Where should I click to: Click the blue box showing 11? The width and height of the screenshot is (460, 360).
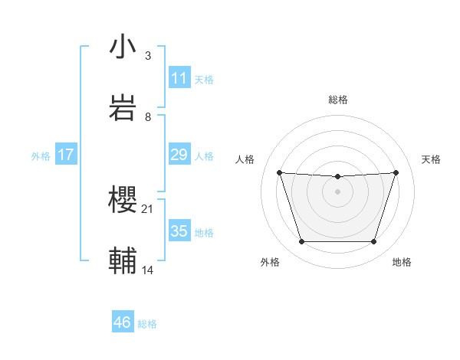pos(179,78)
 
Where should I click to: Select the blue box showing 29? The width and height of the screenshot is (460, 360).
pos(179,155)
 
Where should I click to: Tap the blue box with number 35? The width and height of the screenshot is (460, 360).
pos(179,231)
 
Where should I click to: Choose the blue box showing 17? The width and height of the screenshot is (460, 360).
pos(66,155)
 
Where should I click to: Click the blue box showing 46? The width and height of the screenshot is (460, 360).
pos(123,322)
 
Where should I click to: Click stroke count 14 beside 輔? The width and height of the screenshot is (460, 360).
pos(149,270)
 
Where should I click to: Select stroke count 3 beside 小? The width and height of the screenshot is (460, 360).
pos(148,56)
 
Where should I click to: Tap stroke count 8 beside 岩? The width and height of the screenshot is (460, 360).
pos(148,117)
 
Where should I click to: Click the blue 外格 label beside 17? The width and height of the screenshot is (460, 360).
pos(41,155)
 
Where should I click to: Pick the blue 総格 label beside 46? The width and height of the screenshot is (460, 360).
pos(147,324)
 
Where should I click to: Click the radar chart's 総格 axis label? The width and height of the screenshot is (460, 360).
pos(337,100)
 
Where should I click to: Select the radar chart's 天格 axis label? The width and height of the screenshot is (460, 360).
pos(432,159)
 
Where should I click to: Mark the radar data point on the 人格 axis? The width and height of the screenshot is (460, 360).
pos(280,172)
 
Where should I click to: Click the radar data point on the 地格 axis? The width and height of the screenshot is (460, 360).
pos(373,242)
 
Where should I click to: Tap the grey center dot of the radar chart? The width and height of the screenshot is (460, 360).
pos(337,191)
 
